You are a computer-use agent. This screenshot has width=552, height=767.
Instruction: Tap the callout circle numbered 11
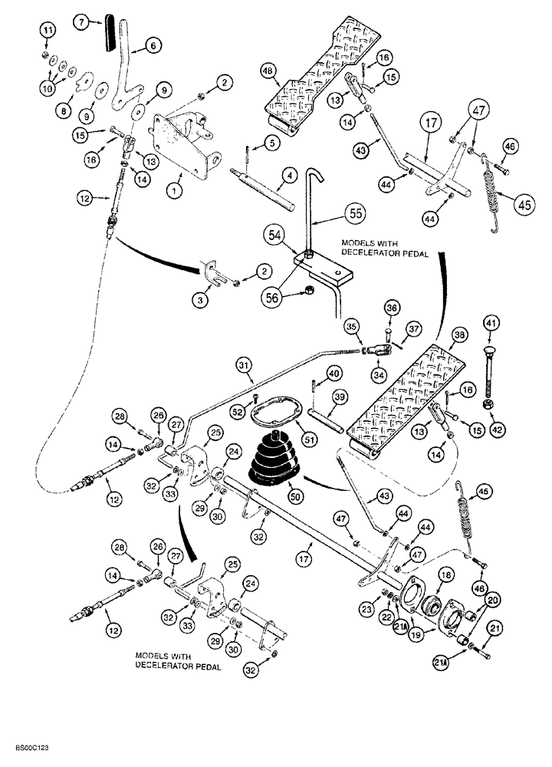pos(48,31)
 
